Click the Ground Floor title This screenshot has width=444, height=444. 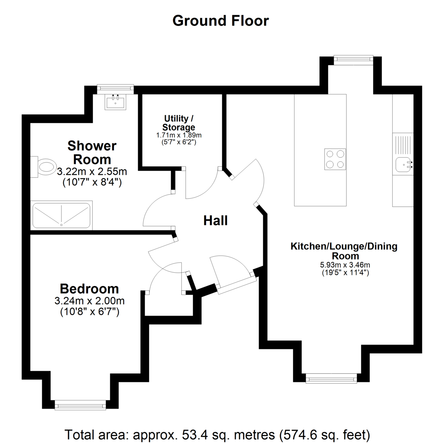tap(221, 21)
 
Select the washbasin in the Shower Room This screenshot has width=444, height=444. tap(115, 102)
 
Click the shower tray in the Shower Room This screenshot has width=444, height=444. tap(61, 215)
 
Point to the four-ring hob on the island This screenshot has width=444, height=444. tap(335, 159)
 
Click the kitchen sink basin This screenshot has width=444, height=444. tap(403, 165)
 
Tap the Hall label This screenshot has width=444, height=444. tap(215, 221)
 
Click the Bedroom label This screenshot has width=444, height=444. tap(90, 289)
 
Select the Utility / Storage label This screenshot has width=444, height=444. tap(179, 123)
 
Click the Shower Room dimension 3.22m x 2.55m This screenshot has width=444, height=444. tap(92, 171)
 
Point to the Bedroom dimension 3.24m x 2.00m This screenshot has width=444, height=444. tap(90, 301)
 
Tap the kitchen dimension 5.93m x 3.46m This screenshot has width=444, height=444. tap(345, 265)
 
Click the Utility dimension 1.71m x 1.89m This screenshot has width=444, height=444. tap(179, 135)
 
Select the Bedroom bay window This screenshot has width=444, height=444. tap(80, 411)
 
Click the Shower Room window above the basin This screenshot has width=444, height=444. tap(115, 89)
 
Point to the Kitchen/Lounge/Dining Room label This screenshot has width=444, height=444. tap(344, 251)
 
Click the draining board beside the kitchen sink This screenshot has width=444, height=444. tap(403, 145)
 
